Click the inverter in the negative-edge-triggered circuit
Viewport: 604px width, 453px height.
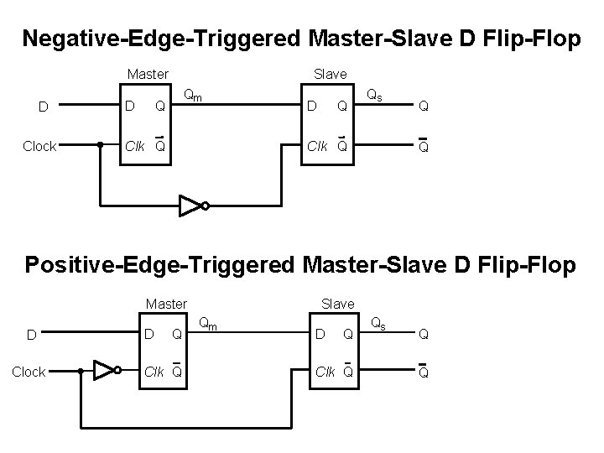(x=191, y=205)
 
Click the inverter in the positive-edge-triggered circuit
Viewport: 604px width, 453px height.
(x=107, y=370)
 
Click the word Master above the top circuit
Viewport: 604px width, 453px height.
(x=148, y=75)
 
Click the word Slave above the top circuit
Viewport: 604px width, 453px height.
(x=330, y=75)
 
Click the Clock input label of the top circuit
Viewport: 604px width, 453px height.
(x=39, y=146)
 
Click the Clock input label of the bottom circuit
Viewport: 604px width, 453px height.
(x=29, y=372)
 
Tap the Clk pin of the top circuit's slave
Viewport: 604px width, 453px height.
(x=318, y=146)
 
